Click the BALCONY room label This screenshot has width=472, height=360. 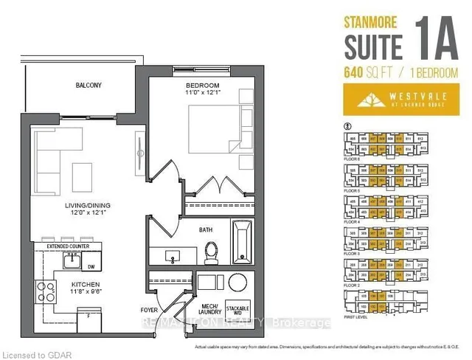click(88, 86)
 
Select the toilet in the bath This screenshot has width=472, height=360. click(212, 252)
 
